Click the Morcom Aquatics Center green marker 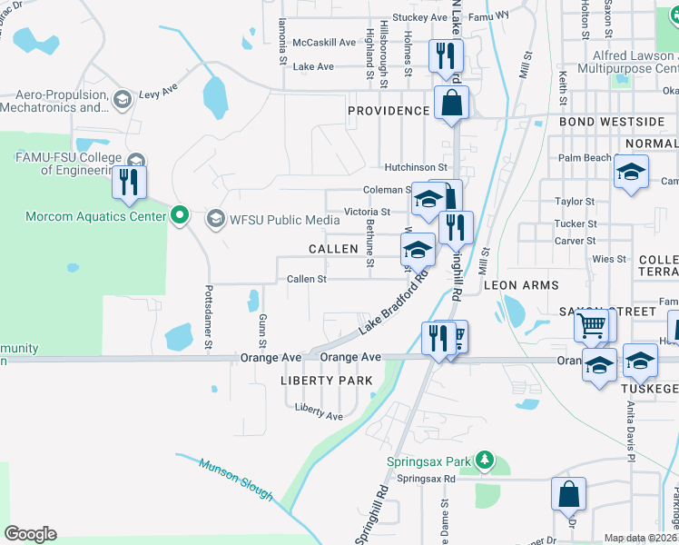click(180, 216)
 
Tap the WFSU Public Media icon click(215, 217)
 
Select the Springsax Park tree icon click(486, 461)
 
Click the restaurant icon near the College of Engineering click(129, 181)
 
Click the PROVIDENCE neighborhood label click(389, 111)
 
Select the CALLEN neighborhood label click(333, 249)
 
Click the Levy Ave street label click(158, 94)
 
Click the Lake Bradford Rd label click(392, 301)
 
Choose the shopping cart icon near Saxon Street click(592, 324)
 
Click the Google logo click(29, 533)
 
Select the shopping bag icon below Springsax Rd click(568, 495)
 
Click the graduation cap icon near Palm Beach click(631, 171)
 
